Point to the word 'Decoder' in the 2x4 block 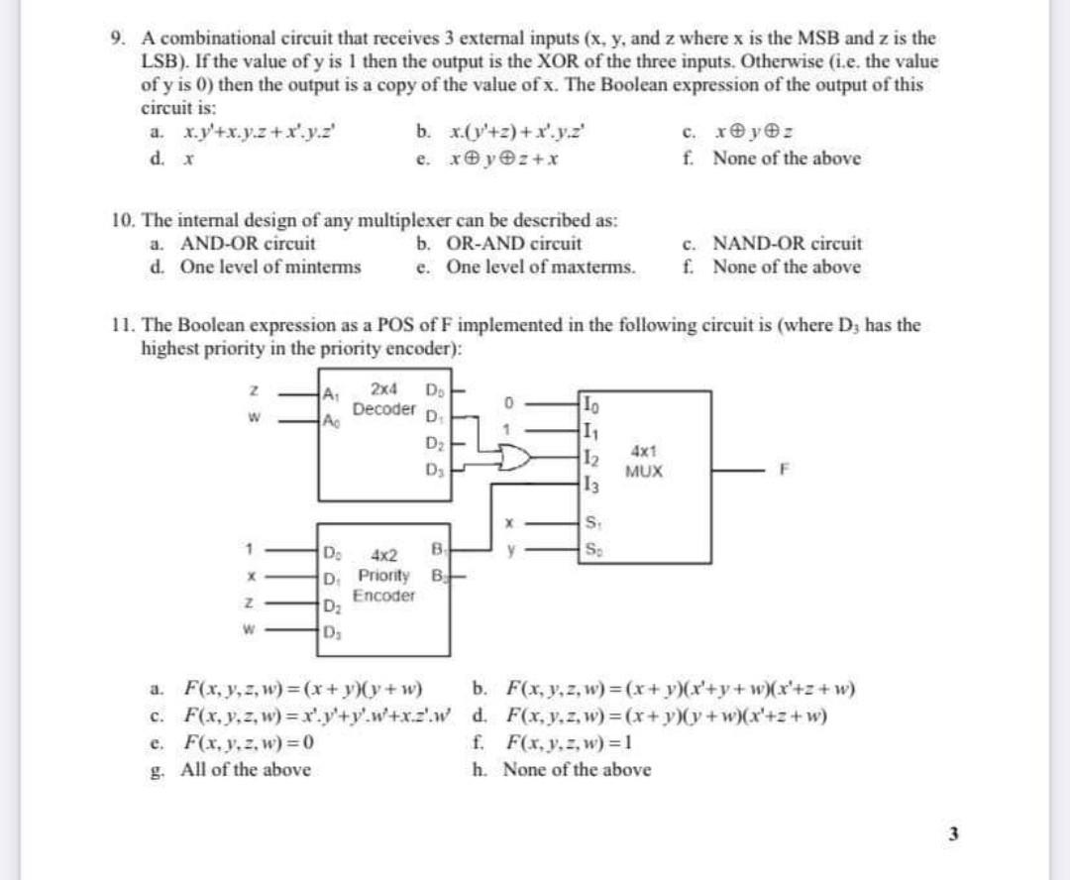coord(384,408)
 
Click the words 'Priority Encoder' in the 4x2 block coord(386,586)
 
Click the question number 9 coord(118,39)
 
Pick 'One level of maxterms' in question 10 coord(541,268)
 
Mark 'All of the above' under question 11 coord(245,769)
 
